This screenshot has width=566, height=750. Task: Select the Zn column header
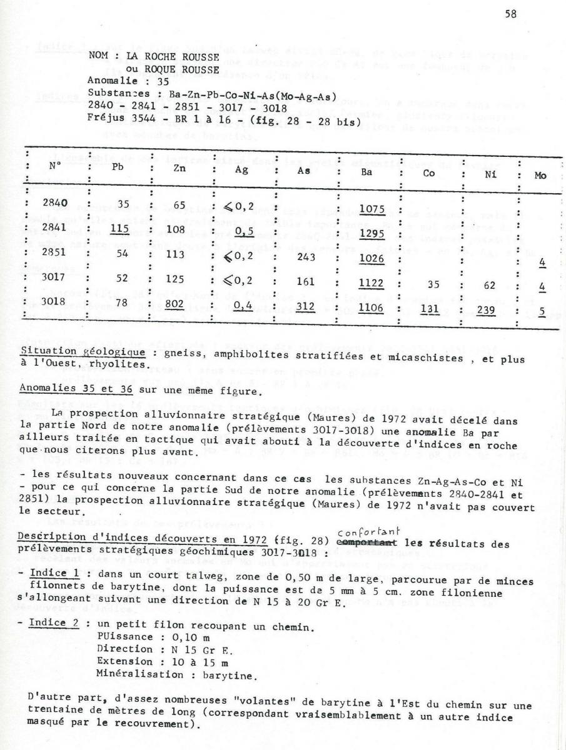click(x=179, y=167)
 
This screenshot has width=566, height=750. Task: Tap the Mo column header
click(x=540, y=176)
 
